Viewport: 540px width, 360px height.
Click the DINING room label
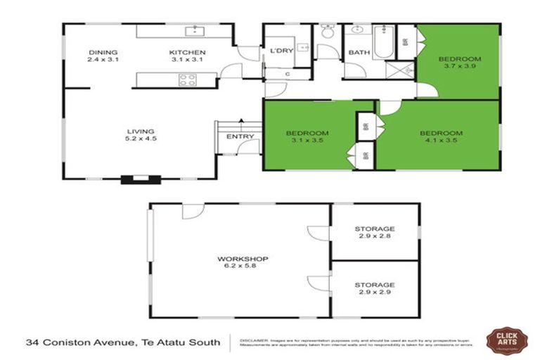(103, 52)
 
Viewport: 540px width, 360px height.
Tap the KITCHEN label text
(187, 52)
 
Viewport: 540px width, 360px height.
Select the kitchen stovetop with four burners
(188, 80)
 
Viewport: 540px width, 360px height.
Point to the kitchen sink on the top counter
(195, 31)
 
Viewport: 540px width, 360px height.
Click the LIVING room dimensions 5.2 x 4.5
(140, 139)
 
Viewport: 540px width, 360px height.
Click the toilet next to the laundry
(327, 32)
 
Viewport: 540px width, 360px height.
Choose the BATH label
(359, 52)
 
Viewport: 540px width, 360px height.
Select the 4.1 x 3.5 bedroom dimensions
(441, 141)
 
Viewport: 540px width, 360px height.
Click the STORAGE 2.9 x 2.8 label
(374, 233)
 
